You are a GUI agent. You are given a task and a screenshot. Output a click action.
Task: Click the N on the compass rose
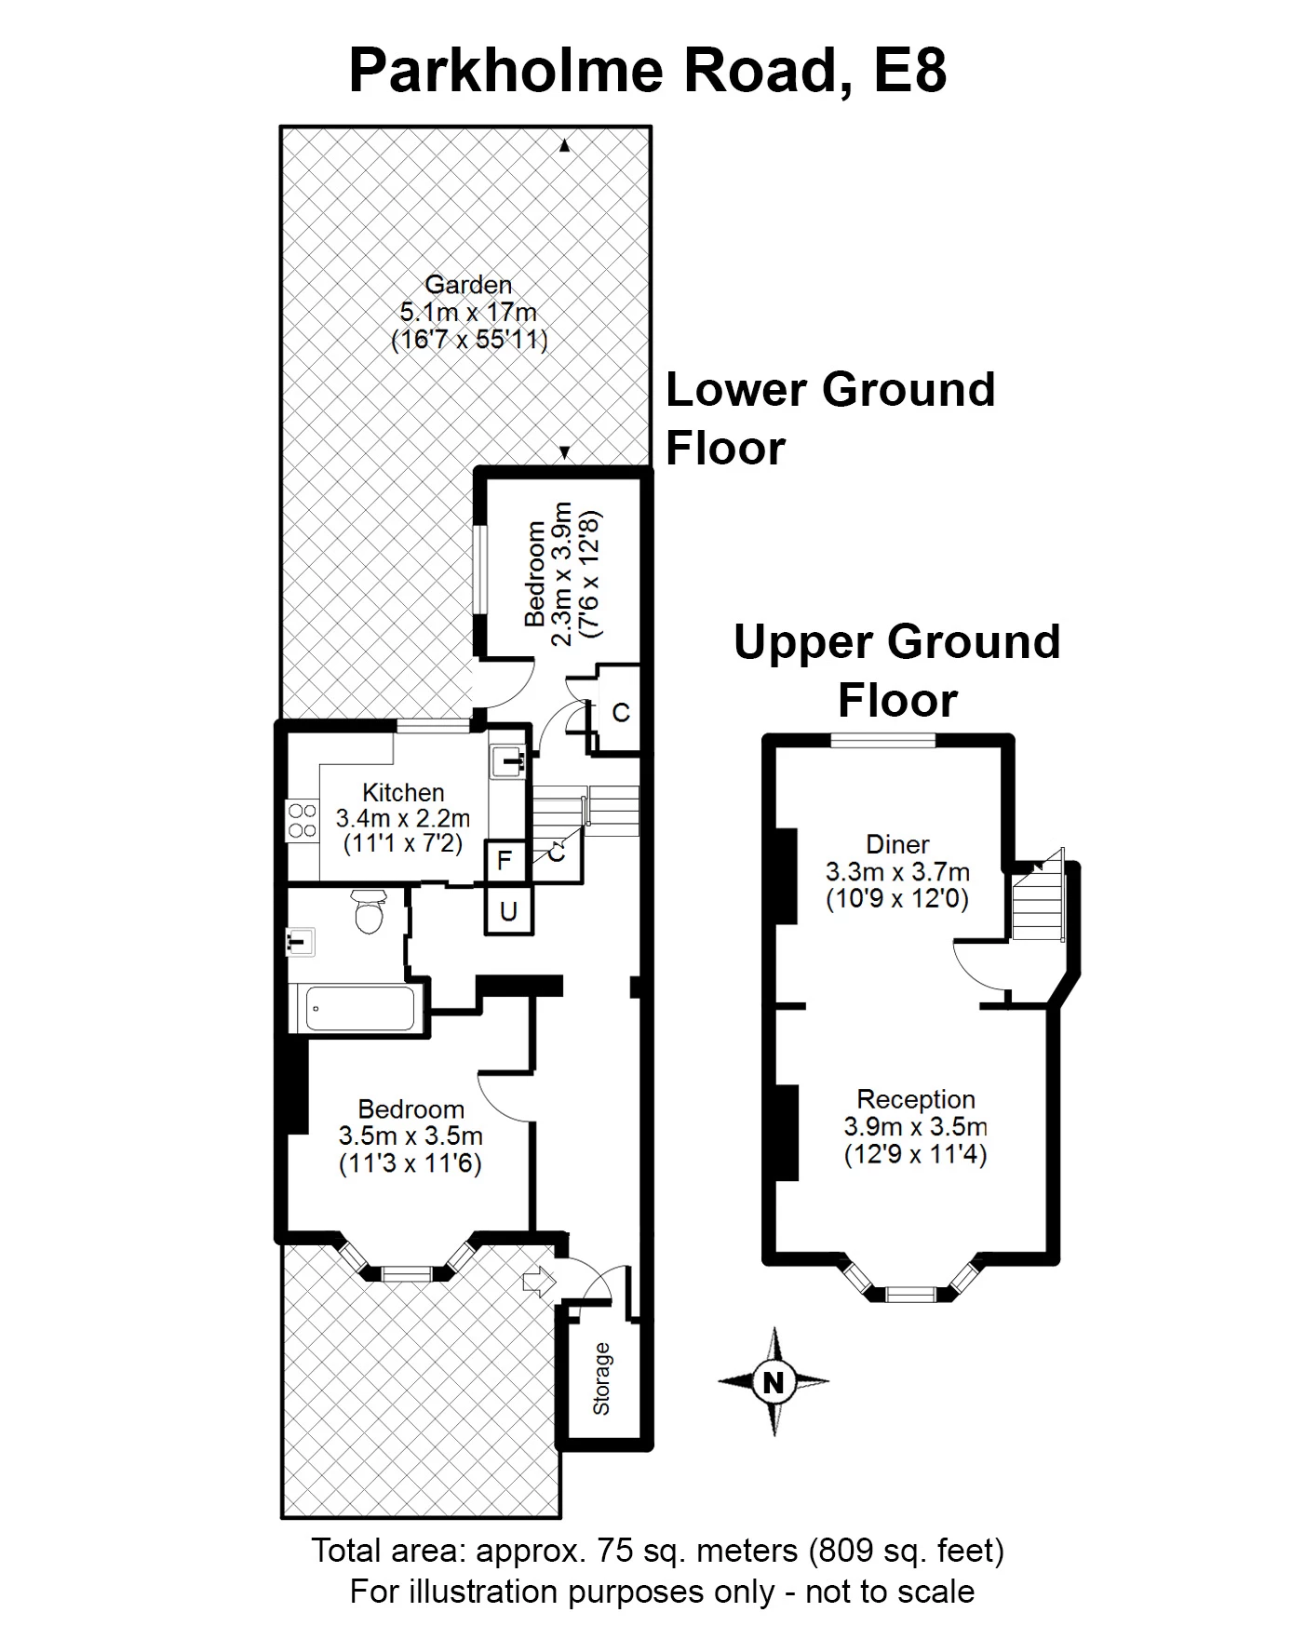click(x=773, y=1382)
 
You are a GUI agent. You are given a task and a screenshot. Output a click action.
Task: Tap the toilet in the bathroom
click(x=370, y=911)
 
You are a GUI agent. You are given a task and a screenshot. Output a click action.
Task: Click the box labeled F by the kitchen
click(x=505, y=860)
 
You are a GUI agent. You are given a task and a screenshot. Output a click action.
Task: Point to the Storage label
click(x=602, y=1378)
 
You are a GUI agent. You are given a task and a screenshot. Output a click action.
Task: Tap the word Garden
click(x=468, y=285)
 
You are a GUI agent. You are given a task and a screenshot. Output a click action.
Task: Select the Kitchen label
click(x=403, y=793)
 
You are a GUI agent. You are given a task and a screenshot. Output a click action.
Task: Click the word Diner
click(x=897, y=844)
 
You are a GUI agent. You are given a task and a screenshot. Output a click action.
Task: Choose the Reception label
click(x=916, y=1099)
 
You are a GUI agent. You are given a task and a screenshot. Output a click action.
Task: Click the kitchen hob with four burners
click(x=303, y=820)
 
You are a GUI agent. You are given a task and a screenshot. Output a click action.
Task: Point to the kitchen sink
click(x=508, y=762)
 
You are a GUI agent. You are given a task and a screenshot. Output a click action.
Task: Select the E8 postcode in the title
click(x=909, y=71)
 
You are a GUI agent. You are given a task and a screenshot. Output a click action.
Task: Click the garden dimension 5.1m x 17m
click(x=468, y=312)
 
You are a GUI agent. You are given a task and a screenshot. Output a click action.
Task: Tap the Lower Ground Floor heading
click(x=830, y=419)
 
